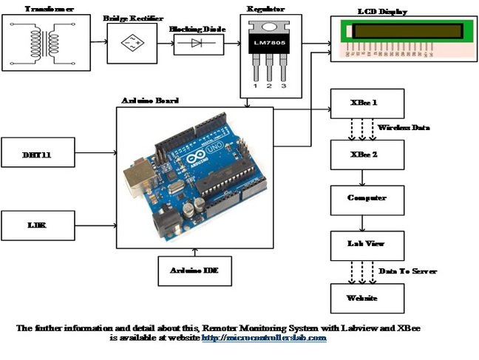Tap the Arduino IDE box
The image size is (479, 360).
coord(195,270)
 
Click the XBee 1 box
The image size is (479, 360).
coord(367,103)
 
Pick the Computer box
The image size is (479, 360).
coord(367,198)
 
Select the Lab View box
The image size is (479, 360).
coord(367,242)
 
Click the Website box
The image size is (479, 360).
coord(367,297)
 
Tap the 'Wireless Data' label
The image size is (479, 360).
coord(404,128)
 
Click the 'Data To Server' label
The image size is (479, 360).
coord(407,271)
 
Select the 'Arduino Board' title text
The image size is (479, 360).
coord(149,100)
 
